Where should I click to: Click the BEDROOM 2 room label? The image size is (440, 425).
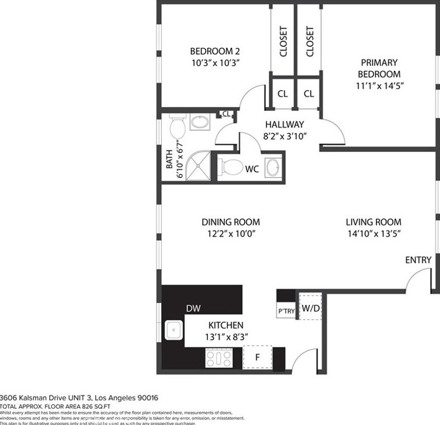[x=215, y=52]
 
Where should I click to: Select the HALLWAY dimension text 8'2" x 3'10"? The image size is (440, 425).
[x=284, y=135]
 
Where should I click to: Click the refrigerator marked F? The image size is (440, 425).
[x=258, y=358]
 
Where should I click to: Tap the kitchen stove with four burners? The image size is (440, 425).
[x=219, y=358]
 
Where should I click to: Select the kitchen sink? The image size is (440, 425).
[x=174, y=330]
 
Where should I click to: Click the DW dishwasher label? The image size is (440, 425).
[x=192, y=308]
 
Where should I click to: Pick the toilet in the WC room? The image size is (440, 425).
[x=232, y=166]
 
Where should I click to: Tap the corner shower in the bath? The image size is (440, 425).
[x=197, y=166]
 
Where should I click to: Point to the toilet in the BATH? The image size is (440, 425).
[x=176, y=129]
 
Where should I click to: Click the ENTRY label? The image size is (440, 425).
[x=418, y=260]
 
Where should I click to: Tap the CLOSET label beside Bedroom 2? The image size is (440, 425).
[x=283, y=41]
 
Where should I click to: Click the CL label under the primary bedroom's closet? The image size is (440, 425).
[x=308, y=94]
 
